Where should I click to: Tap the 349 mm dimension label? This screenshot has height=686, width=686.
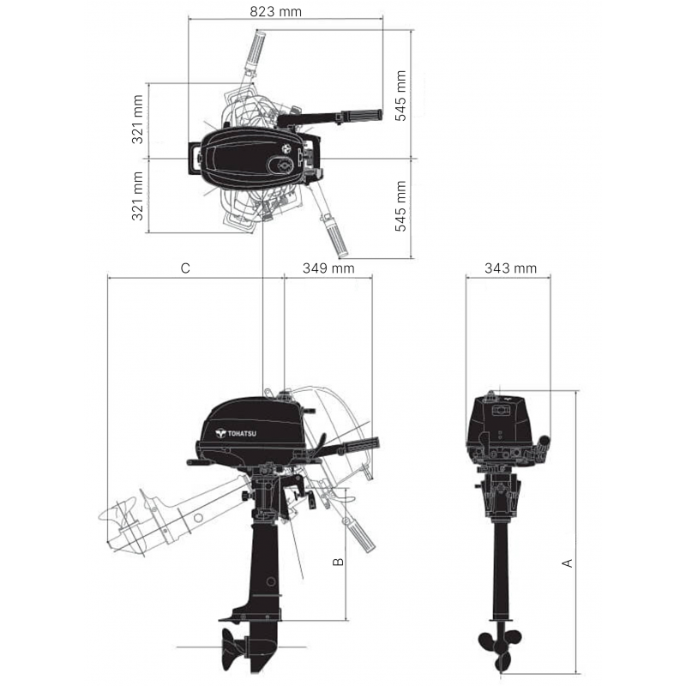(328, 268)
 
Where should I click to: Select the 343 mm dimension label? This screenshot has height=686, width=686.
(510, 268)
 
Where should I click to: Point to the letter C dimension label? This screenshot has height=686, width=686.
(185, 268)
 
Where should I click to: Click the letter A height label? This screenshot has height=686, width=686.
(567, 563)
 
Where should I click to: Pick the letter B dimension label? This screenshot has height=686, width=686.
(337, 562)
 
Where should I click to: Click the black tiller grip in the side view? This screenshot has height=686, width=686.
(359, 444)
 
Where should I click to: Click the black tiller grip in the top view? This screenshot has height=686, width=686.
(360, 116)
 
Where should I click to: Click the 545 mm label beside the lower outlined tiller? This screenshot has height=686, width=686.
(400, 207)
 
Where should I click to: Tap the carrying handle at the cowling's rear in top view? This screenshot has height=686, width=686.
(194, 159)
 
